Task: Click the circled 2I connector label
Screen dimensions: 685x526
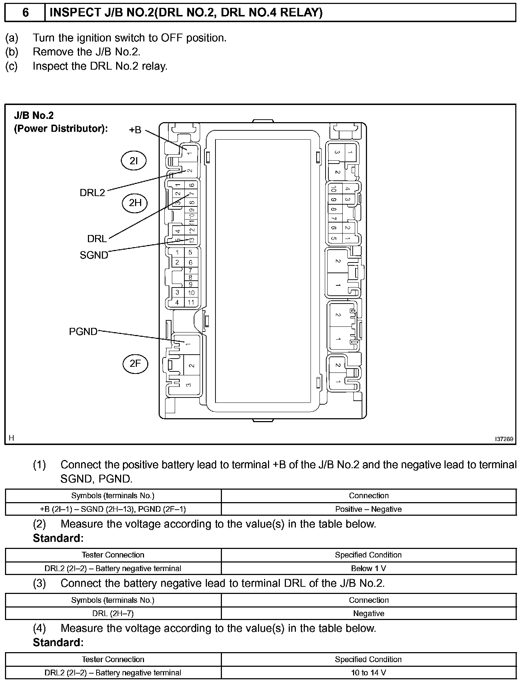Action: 134,161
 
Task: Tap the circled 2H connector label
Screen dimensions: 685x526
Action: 135,203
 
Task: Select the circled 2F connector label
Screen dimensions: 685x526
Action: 135,364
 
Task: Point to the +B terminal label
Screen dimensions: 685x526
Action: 135,130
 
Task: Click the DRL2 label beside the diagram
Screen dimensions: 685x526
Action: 92,193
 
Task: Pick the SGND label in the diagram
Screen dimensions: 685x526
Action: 94,255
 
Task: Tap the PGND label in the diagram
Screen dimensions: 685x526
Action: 83,331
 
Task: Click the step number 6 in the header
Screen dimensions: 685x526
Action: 25,13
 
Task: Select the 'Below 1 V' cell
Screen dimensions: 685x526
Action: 368,568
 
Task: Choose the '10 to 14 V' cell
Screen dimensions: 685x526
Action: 368,673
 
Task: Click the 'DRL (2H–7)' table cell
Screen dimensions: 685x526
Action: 113,613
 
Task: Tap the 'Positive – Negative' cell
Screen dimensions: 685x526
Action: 368,509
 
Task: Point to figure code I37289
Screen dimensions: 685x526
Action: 504,439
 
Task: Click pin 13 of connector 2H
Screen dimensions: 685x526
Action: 192,240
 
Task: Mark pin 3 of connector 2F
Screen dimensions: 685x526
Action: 189,385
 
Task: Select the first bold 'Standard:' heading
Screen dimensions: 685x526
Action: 58,538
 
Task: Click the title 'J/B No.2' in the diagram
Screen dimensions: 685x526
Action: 34,115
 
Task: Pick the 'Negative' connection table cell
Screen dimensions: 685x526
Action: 368,613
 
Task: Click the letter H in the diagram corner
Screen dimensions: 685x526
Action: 11,438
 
